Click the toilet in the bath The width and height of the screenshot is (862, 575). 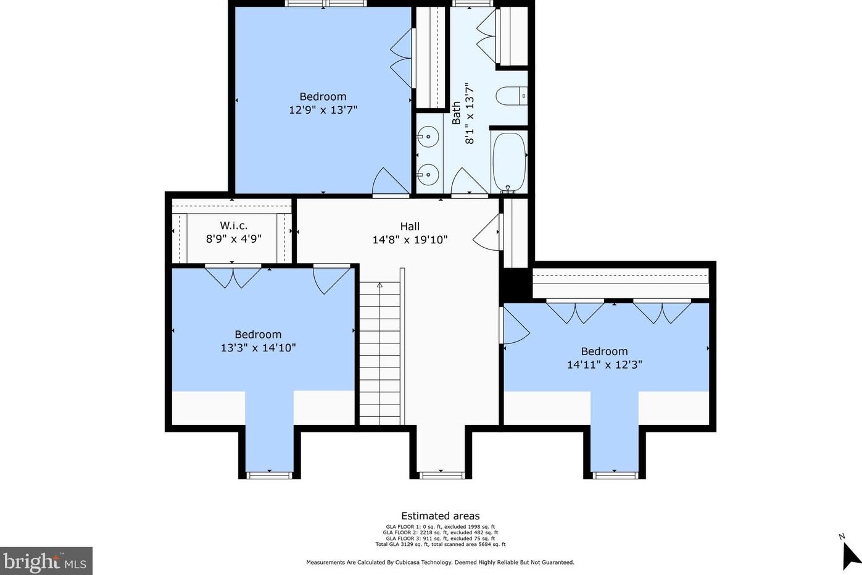coord(512,96)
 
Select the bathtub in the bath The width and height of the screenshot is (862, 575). coord(509,162)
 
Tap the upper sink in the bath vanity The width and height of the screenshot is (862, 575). coord(427,136)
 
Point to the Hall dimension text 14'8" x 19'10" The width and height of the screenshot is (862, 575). coord(410,240)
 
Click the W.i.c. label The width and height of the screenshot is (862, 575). coord(234,226)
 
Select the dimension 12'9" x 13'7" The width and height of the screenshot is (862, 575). coord(323,110)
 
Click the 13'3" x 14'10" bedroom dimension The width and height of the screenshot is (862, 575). coord(258,348)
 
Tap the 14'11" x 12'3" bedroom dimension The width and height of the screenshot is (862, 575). coord(604,364)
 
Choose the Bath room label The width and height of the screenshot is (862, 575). coord(457,114)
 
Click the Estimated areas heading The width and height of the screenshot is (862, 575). coord(440,516)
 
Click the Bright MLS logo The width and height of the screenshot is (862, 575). coord(46,561)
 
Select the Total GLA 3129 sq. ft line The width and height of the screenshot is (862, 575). coord(440,544)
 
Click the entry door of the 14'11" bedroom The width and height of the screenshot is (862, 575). coord(515,325)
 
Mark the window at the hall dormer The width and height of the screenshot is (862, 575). coord(441,474)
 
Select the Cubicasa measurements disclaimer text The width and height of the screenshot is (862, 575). coord(440,563)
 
